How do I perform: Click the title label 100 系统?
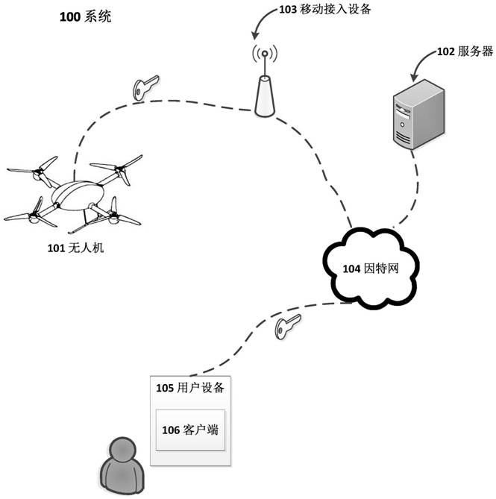coord(85,16)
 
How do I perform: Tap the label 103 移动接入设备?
coord(324,10)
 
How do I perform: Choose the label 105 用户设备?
coord(190,388)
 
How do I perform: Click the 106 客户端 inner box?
coord(190,430)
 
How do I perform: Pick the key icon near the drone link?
coord(144,89)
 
